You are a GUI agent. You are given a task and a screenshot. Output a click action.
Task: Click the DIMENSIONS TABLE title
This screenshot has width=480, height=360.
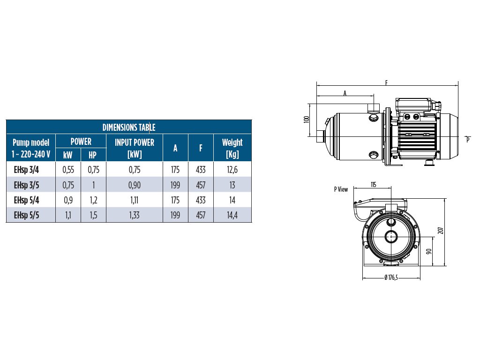[x=129, y=127]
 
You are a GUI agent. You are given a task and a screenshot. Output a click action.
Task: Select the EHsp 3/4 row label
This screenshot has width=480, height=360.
[x=27, y=170]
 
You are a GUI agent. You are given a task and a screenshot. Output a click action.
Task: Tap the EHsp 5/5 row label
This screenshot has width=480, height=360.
[x=27, y=215]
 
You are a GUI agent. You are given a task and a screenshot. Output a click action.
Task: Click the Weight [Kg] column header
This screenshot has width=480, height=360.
[x=232, y=148]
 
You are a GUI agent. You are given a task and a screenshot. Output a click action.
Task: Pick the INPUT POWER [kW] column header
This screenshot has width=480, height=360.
[x=135, y=148]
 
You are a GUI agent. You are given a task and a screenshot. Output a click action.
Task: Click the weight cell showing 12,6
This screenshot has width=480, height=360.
[x=232, y=170]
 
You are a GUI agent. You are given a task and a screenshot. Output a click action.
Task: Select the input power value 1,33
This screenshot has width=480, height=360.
[x=135, y=215]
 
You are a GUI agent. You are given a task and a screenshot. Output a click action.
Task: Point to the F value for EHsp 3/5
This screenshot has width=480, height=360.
[x=201, y=185]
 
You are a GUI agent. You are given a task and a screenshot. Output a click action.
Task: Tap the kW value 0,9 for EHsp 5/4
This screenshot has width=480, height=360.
[x=68, y=200]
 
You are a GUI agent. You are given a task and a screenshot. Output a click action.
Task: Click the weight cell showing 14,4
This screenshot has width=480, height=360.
[x=232, y=215]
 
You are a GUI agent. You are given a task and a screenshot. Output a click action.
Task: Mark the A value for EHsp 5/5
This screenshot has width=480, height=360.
[x=175, y=215]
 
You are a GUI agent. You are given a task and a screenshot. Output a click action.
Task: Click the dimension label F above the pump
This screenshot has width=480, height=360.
[x=386, y=82]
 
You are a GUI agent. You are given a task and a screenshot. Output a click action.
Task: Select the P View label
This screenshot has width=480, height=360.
[x=341, y=189]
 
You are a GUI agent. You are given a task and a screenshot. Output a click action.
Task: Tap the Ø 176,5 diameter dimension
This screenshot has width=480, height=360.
[x=391, y=277]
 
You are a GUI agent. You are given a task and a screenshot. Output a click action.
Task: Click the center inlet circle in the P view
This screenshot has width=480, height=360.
[x=391, y=236]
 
